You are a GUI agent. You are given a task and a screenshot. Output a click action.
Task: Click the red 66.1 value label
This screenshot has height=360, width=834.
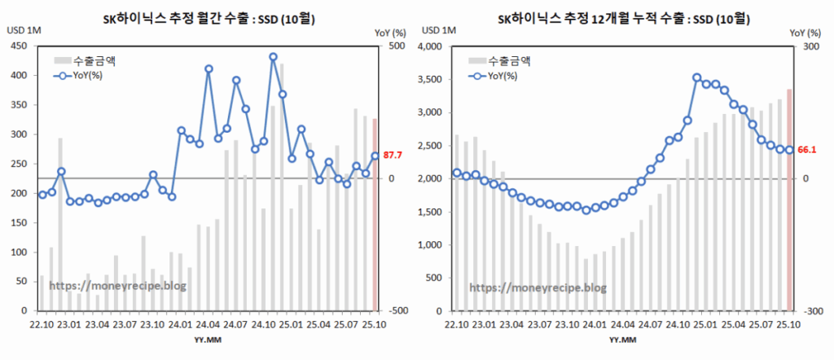(x=806, y=149)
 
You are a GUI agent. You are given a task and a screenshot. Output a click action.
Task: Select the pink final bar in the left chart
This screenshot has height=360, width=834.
(x=375, y=215)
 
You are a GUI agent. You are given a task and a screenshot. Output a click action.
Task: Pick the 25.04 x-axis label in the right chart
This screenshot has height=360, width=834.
(x=733, y=324)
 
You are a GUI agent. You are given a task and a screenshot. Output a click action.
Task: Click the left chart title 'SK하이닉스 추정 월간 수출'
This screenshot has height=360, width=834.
(x=208, y=15)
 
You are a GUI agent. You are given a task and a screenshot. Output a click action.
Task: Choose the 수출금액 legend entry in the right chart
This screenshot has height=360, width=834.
(x=507, y=60)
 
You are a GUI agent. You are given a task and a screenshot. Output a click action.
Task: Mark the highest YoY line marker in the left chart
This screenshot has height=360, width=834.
(x=274, y=57)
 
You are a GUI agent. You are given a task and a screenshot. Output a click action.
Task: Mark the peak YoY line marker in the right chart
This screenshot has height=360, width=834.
(x=696, y=78)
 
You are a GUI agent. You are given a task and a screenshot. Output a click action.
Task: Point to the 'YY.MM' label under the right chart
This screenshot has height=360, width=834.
(x=623, y=340)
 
